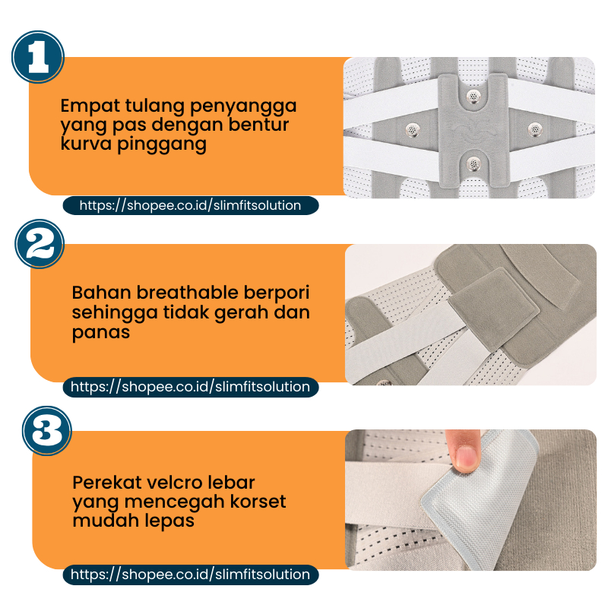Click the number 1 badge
click(x=38, y=56)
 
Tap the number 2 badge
click(x=40, y=244)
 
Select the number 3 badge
click(x=47, y=430)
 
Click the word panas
click(x=101, y=333)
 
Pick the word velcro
click(x=176, y=483)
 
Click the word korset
click(x=258, y=502)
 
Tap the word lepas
click(x=173, y=521)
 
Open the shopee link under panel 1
click(x=191, y=205)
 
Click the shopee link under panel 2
click(x=191, y=387)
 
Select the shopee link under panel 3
click(x=191, y=575)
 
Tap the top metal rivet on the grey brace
click(x=473, y=96)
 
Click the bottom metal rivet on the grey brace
click(x=473, y=163)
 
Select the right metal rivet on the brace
click(x=535, y=128)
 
